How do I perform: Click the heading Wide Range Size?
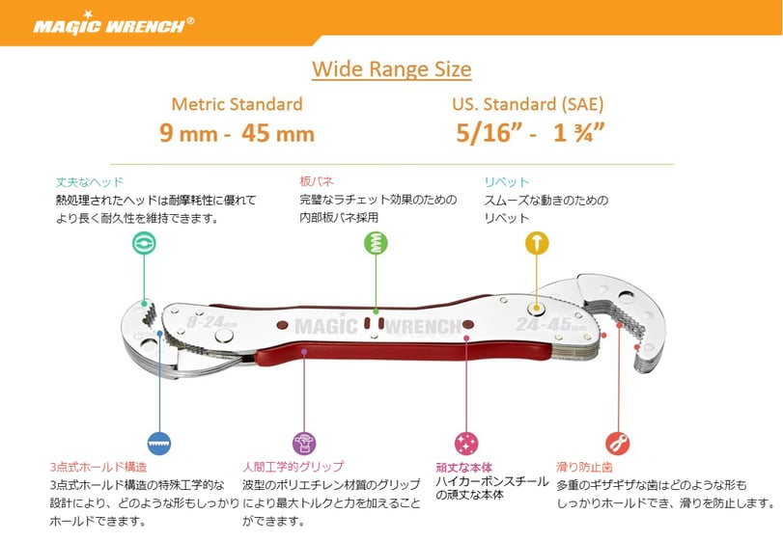391,69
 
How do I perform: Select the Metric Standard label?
237,104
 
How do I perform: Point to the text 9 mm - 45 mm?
237,133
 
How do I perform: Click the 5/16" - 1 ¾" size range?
530,133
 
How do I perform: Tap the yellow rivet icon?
537,243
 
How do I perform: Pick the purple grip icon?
304,443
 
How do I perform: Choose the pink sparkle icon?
466,443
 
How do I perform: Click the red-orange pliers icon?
617,443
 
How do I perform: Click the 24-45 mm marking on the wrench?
551,326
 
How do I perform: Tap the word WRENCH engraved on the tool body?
426,327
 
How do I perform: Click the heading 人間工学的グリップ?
294,467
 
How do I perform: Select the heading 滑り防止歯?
584,467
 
